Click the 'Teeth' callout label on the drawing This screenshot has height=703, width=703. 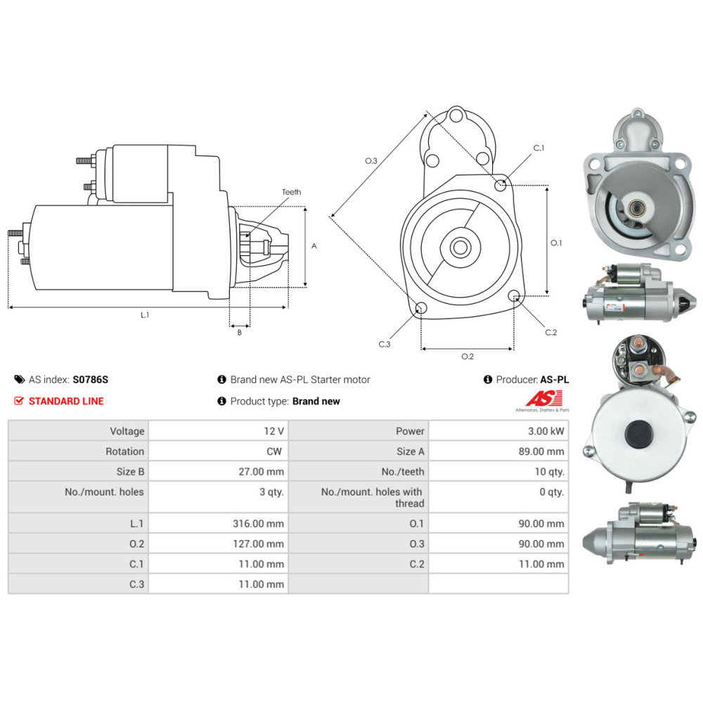point(291,192)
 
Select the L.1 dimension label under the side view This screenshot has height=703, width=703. point(145,315)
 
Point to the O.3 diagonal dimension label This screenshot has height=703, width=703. point(371,161)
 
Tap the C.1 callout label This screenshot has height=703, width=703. point(539,148)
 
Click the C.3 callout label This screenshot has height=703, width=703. point(384,344)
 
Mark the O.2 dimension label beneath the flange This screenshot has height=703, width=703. point(467,356)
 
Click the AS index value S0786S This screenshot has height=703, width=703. point(91,380)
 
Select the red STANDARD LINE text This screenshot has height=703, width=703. point(65,401)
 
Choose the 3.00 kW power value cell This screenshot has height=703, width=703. point(548,431)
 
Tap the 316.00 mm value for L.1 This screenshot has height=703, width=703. point(259,524)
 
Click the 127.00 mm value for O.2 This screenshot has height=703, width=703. point(259,543)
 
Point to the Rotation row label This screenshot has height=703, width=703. point(124,451)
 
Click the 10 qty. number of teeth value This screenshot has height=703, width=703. point(550,472)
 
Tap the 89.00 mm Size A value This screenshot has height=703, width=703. point(541,451)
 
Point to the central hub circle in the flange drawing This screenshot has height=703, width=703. point(460,247)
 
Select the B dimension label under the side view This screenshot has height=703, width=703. point(239,333)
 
